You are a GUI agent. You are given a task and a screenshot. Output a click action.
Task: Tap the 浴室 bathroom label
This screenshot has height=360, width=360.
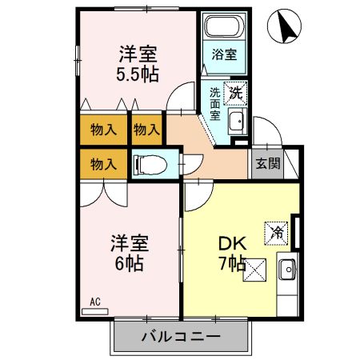pyautogui.click(x=224, y=54)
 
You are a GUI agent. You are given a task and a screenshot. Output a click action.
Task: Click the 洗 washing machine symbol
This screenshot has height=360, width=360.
pyautogui.click(x=236, y=92)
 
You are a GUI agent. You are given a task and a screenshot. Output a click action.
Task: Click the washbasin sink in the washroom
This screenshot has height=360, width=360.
pyautogui.click(x=236, y=122)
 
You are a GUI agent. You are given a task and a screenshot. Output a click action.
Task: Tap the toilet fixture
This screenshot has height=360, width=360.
pyautogui.click(x=151, y=165)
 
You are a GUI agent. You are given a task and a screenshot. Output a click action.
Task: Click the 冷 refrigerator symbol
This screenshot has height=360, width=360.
pyautogui.click(x=277, y=233)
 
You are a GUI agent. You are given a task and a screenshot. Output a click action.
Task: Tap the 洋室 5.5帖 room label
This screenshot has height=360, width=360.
pyautogui.click(x=138, y=64)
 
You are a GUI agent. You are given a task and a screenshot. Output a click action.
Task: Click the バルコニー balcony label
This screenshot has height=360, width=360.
pyautogui.click(x=182, y=336)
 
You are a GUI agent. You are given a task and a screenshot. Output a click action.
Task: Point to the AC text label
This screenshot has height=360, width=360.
pyautogui.click(x=94, y=302)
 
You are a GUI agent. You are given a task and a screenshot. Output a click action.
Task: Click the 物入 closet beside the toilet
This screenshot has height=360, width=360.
pyautogui.click(x=103, y=165)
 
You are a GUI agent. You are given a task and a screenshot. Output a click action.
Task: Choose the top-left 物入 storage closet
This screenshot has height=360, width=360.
pyautogui.click(x=103, y=128)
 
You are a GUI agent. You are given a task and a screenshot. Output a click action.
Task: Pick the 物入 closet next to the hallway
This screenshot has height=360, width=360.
pyautogui.click(x=146, y=128)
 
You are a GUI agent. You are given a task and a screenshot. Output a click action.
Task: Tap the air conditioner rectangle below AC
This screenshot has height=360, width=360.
pyautogui.click(x=94, y=310)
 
